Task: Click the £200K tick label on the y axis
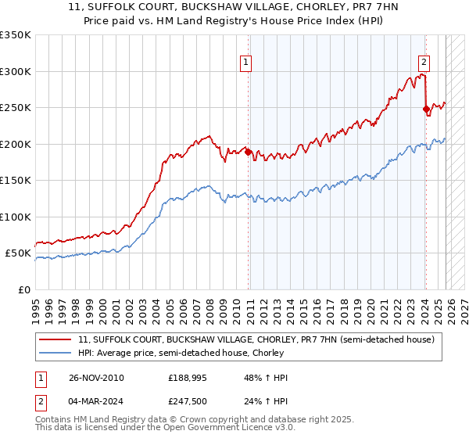16,144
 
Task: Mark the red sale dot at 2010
248,153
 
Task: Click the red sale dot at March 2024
426,109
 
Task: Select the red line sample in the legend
56,339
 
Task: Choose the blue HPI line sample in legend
56,353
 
